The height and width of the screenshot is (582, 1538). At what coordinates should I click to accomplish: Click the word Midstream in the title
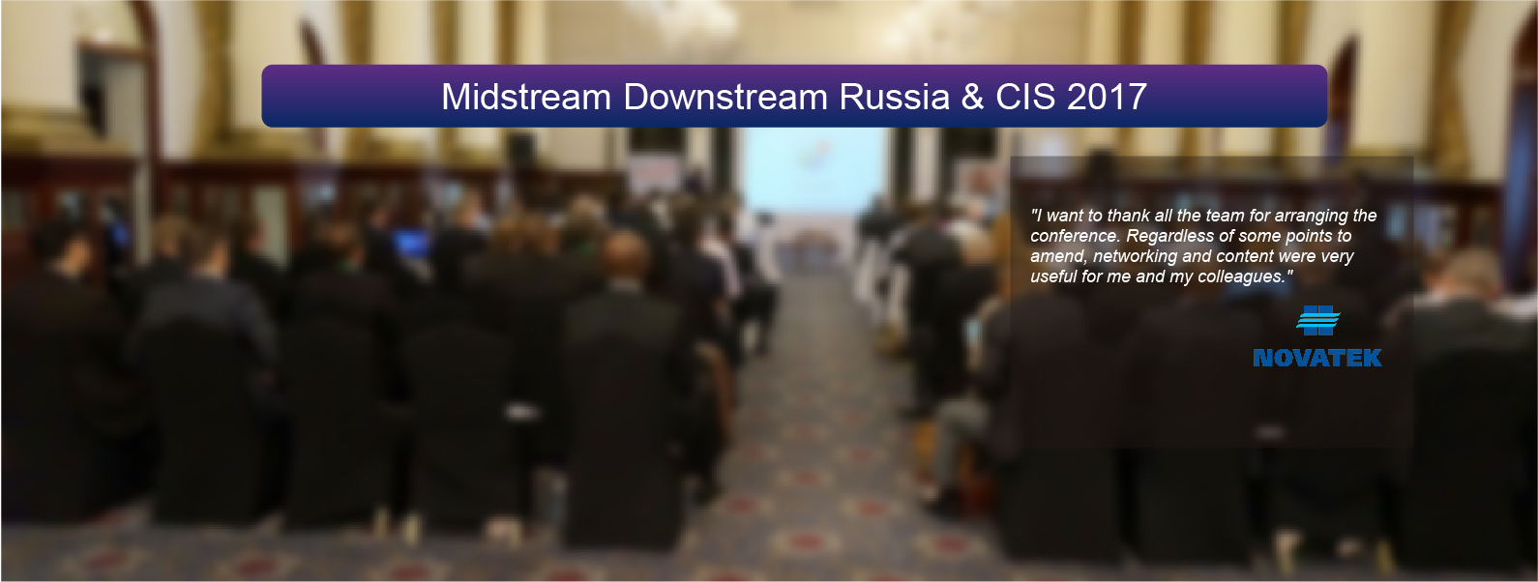[x=526, y=96]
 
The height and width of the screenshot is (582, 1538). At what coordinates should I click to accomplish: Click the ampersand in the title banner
[x=972, y=96]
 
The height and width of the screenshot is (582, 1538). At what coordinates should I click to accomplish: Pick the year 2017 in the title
[x=1107, y=96]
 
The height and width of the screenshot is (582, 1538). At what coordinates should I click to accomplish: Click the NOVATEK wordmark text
[x=1316, y=358]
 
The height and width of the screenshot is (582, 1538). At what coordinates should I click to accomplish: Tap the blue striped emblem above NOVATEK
[x=1317, y=321]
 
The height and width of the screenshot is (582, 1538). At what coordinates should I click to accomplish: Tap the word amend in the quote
[x=1059, y=257]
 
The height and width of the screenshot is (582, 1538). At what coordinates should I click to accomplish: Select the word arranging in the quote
[x=1311, y=216]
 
